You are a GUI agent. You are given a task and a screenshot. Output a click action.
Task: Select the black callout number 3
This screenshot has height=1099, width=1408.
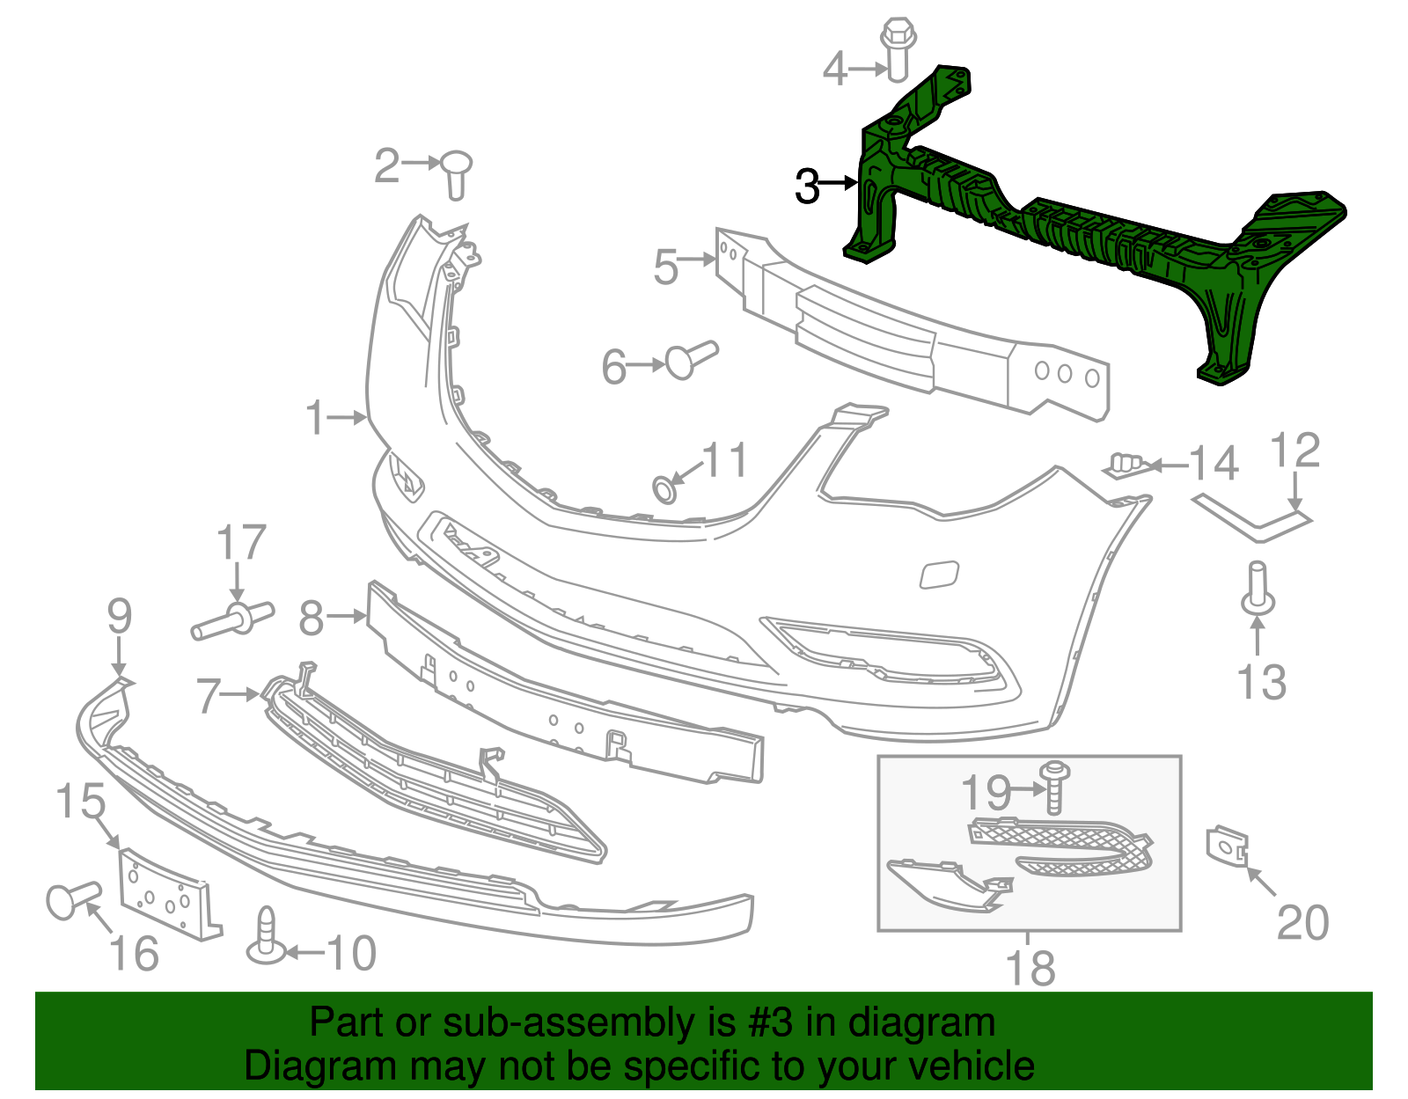coord(807,187)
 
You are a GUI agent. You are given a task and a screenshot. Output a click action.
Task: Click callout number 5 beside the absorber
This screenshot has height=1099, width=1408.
coord(666,266)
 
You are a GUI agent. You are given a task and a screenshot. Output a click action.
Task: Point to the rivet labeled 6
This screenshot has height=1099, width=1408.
coord(691,359)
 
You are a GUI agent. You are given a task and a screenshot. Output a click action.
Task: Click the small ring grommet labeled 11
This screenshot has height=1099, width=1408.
coord(664,489)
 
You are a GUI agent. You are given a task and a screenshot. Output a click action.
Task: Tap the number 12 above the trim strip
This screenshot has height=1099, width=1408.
coord(1295,451)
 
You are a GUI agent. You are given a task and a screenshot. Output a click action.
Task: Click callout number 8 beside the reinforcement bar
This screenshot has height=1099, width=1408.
coord(312,618)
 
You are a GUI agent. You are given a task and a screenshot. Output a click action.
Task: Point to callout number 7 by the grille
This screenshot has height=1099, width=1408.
coord(209,695)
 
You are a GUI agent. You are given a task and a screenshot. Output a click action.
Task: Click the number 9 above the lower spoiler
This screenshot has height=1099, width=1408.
coord(120,616)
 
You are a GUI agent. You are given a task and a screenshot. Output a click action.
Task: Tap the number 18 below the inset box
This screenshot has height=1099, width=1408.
coord(1030,968)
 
